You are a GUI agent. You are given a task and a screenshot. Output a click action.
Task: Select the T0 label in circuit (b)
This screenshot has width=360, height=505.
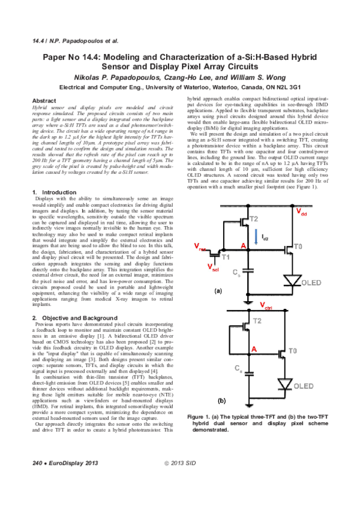click(x=292, y=350)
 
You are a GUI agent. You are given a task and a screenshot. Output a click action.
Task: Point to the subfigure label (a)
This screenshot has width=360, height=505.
click(x=219, y=291)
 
